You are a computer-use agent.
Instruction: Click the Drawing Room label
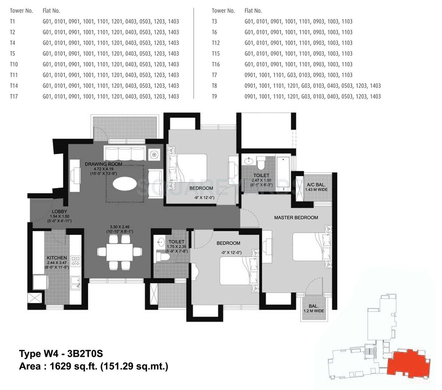[103, 164]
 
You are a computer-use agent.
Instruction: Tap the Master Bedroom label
[296, 217]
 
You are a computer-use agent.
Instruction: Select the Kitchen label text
[57, 258]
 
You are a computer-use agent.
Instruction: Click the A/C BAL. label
[316, 185]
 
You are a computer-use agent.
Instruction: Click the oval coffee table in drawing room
[124, 184]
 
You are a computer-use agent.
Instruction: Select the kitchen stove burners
[76, 261]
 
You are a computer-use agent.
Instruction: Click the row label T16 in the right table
[216, 64]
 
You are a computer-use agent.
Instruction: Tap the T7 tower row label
[214, 75]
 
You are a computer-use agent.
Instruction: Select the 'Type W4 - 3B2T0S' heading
[61, 354]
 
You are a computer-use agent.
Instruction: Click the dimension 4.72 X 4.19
[103, 169]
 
